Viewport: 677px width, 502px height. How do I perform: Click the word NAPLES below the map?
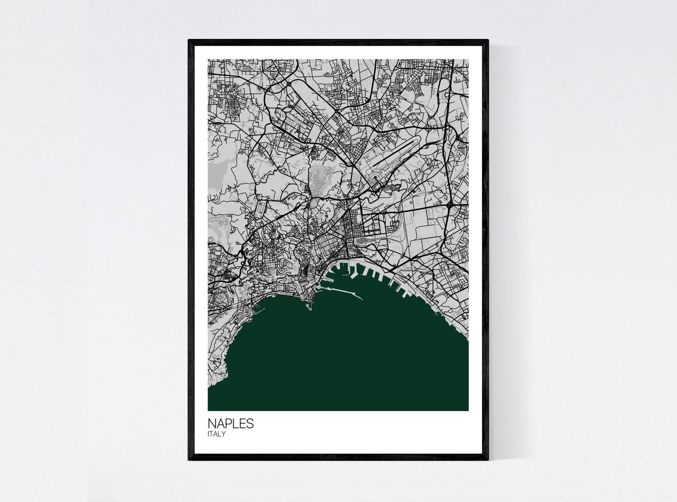tap(231, 424)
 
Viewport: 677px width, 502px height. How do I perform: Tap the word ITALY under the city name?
tap(217, 434)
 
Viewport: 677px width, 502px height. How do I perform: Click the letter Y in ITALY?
tap(223, 434)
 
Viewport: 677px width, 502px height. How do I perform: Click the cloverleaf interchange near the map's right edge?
tap(451, 205)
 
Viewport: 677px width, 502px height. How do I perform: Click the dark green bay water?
tap(343, 357)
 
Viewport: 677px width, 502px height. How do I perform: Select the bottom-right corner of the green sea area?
tap(468, 410)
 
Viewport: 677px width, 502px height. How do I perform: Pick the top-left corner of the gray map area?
tap(209, 60)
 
